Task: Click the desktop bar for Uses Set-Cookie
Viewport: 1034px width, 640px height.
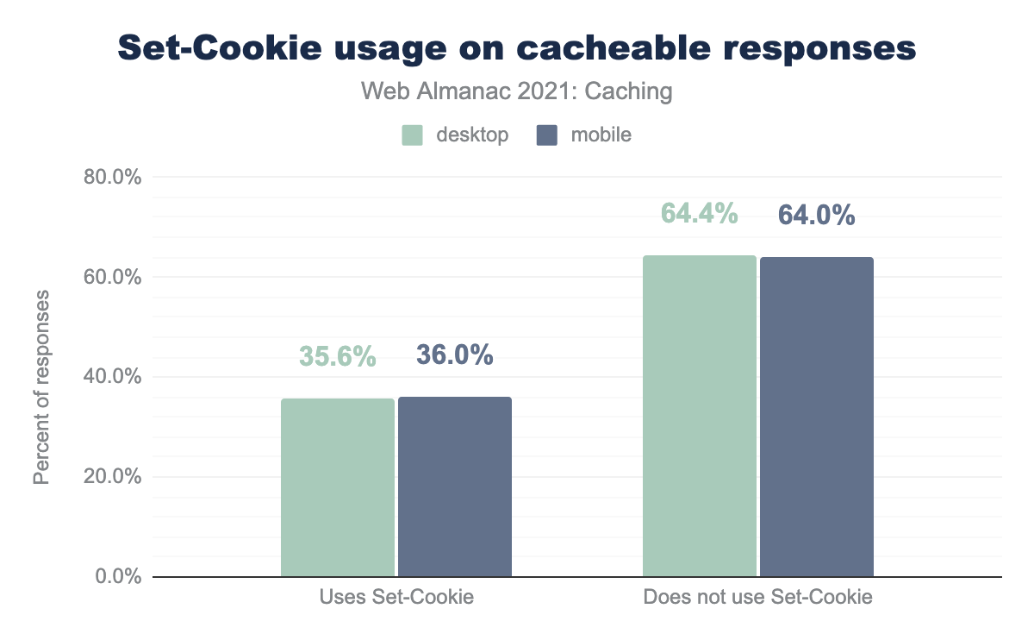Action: pos(338,487)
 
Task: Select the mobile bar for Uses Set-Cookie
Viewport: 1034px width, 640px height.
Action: pos(455,486)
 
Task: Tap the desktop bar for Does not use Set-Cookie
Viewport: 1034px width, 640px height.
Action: pos(700,416)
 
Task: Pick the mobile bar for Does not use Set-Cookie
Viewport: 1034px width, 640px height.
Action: pos(817,417)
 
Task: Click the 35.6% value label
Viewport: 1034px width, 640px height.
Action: pos(338,356)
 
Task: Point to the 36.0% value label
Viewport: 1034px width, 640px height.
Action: pos(455,355)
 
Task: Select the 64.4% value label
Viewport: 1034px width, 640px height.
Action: pos(700,213)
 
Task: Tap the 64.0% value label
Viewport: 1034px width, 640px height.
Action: pos(817,215)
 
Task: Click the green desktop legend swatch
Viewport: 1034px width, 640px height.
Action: pos(412,135)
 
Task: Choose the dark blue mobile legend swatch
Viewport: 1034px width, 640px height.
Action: pos(547,135)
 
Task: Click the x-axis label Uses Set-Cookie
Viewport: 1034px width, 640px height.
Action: pos(396,597)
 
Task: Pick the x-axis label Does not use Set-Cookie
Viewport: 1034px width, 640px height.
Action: pos(758,597)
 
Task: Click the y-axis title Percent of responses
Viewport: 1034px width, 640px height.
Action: pos(41,387)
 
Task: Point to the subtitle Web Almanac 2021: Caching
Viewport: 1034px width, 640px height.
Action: pos(517,91)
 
